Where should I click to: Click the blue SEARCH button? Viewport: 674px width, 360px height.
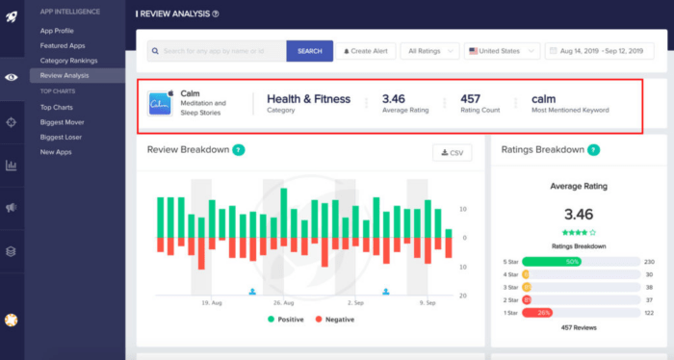coord(309,50)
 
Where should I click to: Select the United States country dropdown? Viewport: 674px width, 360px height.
coord(501,50)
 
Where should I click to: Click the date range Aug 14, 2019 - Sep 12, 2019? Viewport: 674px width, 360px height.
coord(605,50)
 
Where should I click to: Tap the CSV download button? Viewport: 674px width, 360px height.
coord(452,152)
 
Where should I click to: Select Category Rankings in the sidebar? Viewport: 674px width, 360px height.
coord(68,60)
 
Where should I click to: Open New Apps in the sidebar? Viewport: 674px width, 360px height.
coord(56,152)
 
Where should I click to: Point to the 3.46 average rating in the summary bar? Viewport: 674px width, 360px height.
coord(394,98)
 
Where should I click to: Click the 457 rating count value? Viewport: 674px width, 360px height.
coord(471,98)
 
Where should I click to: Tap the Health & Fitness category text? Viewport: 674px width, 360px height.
coord(308,98)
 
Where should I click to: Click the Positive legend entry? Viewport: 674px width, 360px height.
coord(290,319)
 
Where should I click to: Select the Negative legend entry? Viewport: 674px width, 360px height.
coord(340,319)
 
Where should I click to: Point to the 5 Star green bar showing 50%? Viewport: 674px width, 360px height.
coord(552,261)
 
